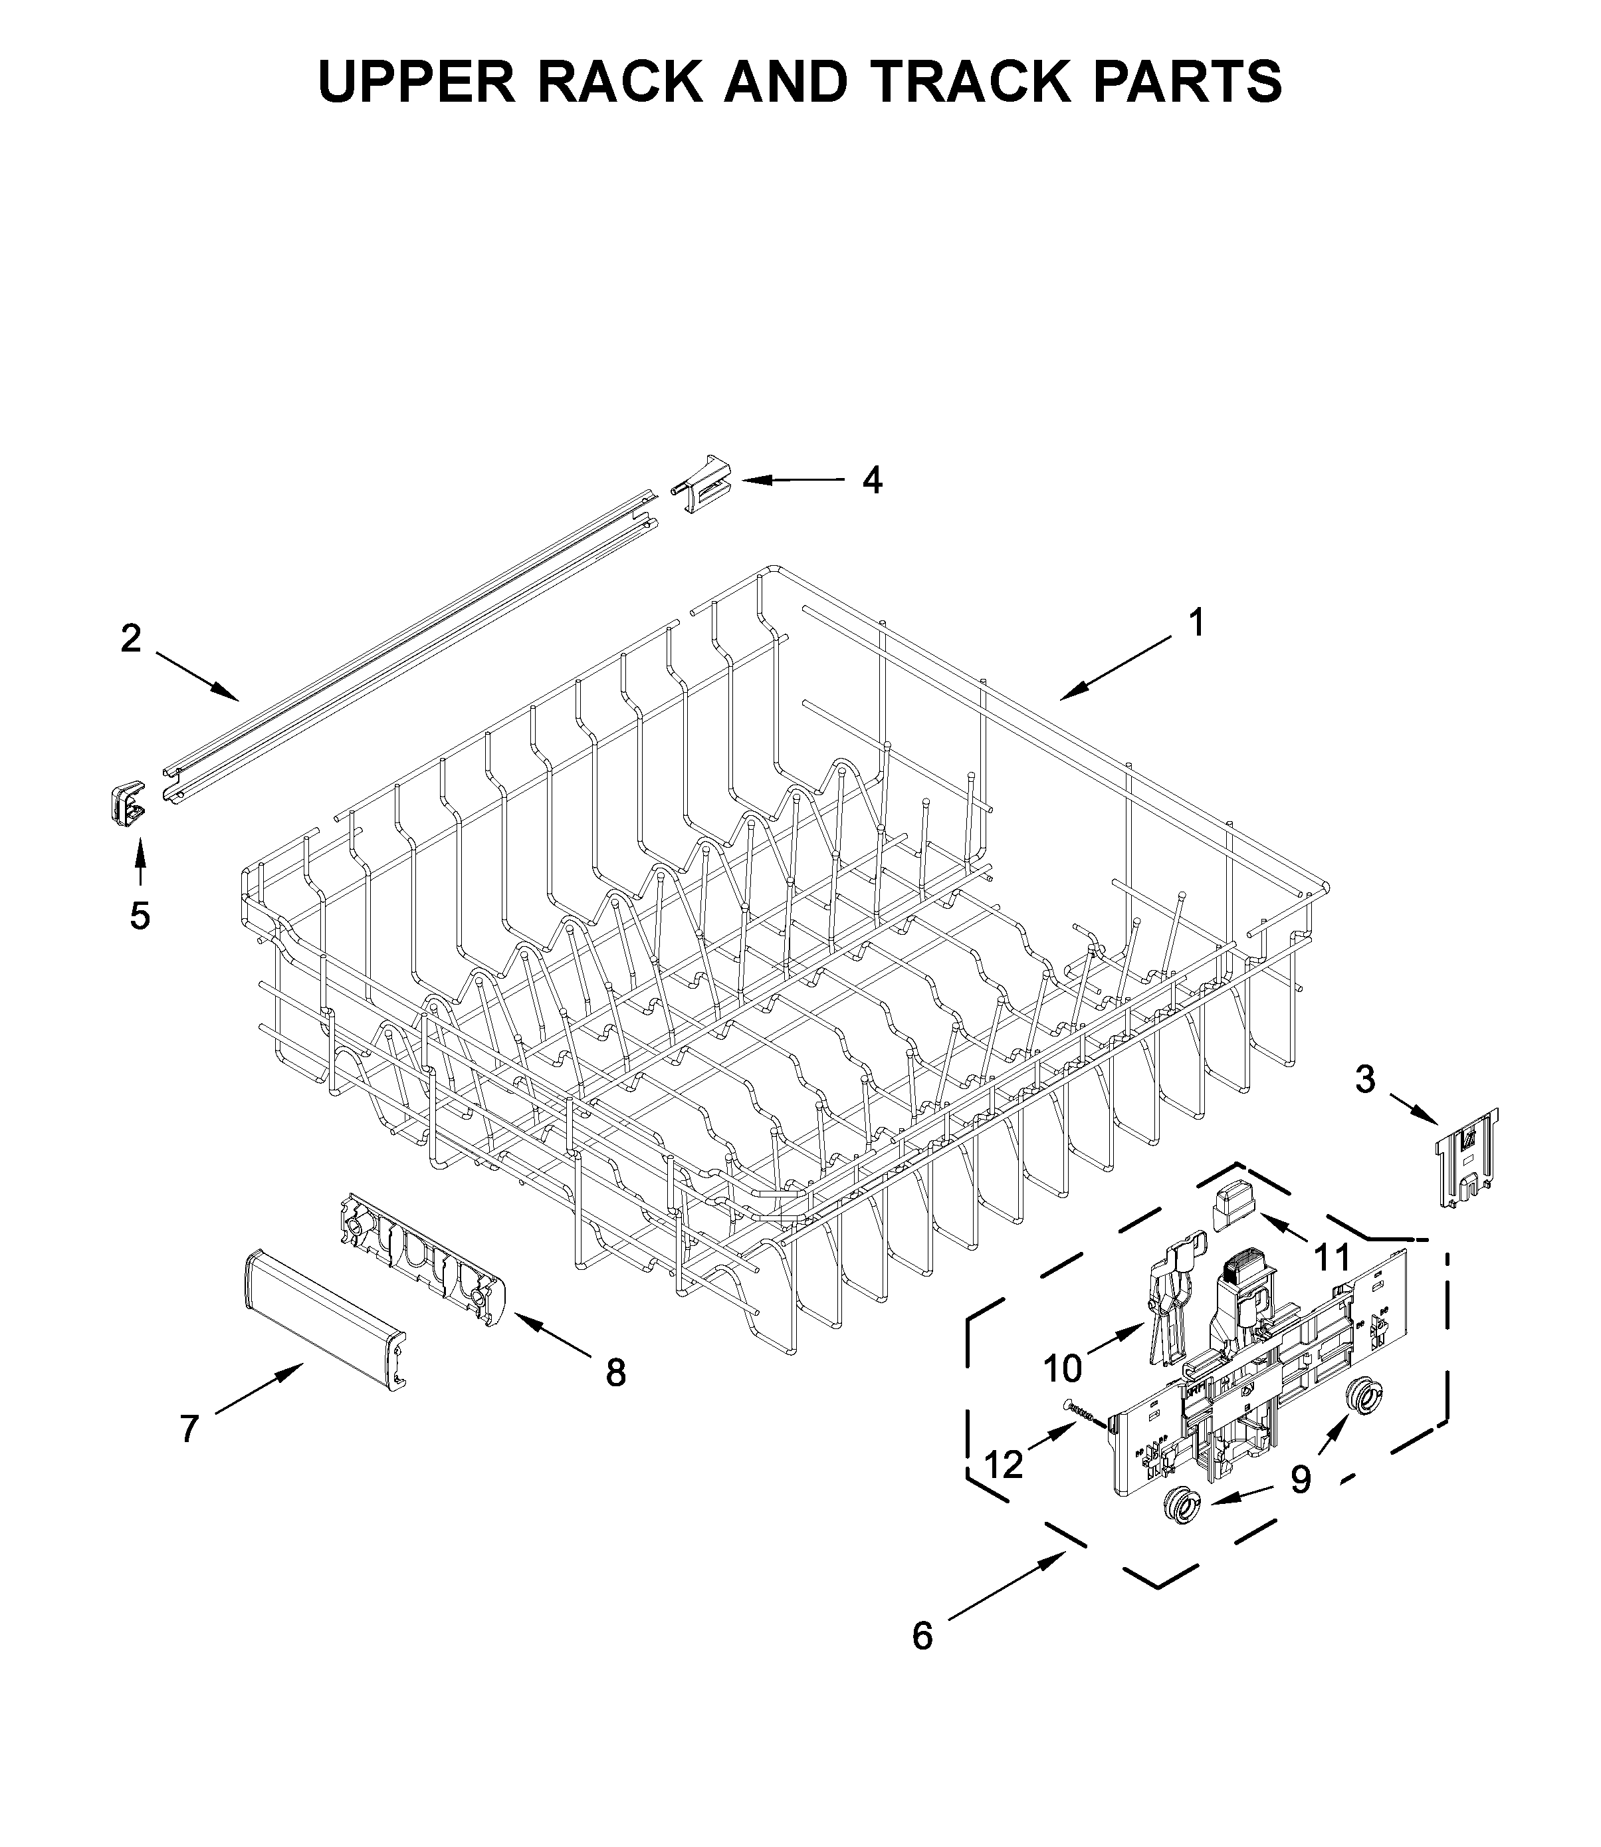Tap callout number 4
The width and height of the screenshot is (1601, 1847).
pos(872,481)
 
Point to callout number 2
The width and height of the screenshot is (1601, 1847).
pos(132,638)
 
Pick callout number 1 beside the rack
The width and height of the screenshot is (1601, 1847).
pos(1196,623)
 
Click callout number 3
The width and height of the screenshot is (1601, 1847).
pos(1364,1080)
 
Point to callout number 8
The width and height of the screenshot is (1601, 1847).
pos(615,1374)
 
